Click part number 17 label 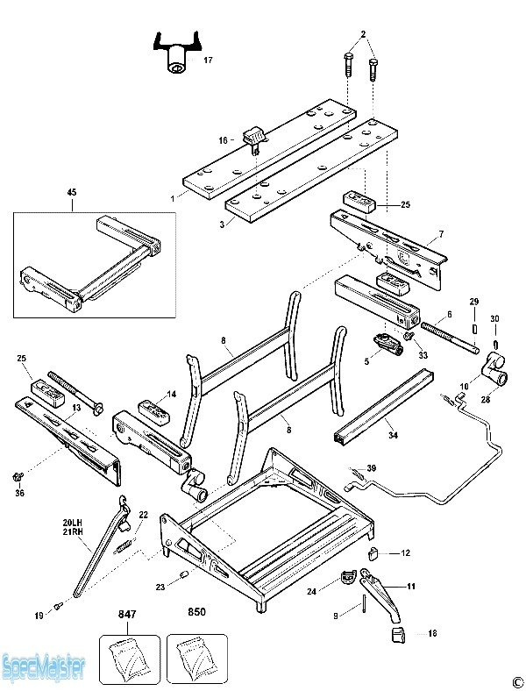click(208, 61)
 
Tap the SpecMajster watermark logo click(43, 667)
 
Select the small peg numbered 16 click(255, 137)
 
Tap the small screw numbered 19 click(59, 605)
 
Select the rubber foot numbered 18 click(397, 632)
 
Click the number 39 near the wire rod click(371, 469)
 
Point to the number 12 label click(405, 553)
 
